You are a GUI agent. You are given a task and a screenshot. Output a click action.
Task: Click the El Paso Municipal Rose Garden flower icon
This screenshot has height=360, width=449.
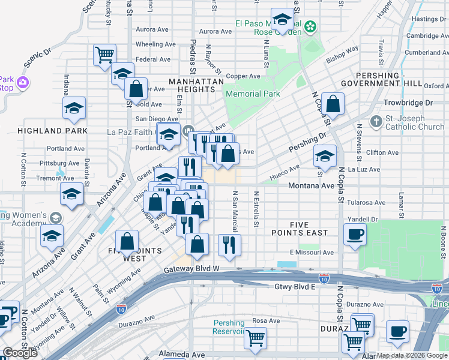tap(310, 26)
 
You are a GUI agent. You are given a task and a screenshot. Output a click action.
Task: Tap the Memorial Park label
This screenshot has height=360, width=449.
tap(252, 94)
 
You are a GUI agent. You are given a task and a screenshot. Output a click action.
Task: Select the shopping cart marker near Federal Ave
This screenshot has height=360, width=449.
tap(104, 55)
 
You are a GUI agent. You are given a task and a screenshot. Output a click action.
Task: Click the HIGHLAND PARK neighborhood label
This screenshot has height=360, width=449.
tap(53, 131)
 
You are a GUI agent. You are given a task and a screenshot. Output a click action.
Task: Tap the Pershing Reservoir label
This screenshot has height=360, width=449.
tap(229, 327)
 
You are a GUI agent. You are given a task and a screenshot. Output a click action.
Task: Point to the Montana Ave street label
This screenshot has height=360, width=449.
tap(311, 186)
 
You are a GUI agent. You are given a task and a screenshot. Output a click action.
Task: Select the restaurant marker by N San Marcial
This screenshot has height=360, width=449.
tap(229, 244)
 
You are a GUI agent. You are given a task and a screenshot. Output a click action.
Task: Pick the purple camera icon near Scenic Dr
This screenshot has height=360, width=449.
tap(23, 82)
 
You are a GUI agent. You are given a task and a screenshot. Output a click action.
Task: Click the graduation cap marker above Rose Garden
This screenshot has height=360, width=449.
tap(281, 19)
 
